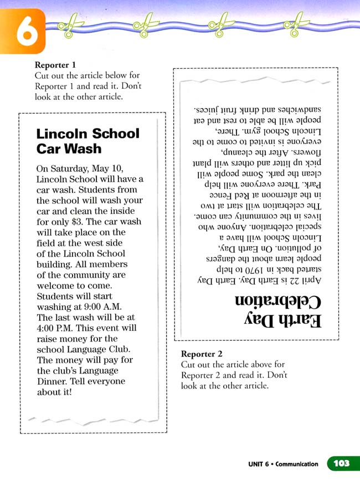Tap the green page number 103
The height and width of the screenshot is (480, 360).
[x=342, y=463]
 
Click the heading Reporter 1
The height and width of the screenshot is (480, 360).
[x=55, y=65]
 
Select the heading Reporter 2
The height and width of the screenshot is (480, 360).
[x=202, y=354]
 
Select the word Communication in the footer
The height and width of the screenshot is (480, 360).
[x=297, y=464]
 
